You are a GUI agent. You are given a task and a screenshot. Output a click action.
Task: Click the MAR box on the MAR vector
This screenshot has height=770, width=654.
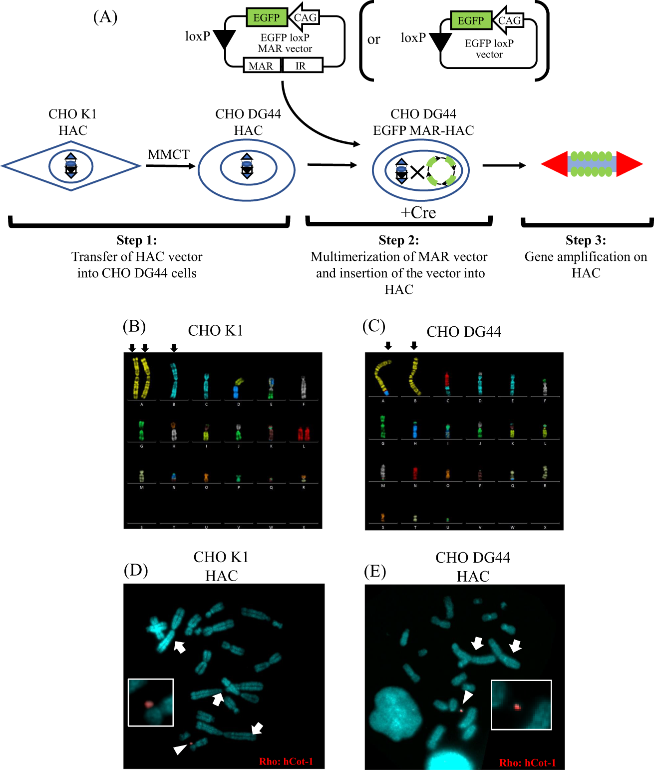coord(261,65)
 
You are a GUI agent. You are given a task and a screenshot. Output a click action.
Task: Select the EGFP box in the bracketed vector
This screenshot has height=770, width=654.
coord(470,20)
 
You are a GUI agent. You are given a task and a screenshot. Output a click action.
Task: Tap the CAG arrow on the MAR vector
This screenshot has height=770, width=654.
coord(304,17)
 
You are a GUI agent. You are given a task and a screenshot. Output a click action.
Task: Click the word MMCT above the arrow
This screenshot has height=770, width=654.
coord(169,154)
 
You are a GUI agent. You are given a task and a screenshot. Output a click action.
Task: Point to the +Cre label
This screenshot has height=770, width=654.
coord(418,212)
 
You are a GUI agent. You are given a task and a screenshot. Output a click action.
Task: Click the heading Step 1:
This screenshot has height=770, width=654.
coord(137,240)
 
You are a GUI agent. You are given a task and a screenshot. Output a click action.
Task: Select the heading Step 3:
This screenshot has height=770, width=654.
coord(586,240)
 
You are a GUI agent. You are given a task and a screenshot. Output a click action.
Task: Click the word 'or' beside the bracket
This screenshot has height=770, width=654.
coord(373,39)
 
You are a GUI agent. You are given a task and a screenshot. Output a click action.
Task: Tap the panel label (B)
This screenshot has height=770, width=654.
coord(134,326)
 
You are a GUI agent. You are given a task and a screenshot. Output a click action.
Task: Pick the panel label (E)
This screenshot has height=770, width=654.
coord(375,571)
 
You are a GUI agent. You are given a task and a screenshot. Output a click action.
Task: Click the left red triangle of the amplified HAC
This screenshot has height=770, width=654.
coord(555,164)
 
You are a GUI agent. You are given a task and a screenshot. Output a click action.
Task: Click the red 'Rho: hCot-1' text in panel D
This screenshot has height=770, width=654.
coord(286,761)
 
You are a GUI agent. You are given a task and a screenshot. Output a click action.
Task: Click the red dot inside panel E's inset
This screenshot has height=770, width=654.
coord(517,707)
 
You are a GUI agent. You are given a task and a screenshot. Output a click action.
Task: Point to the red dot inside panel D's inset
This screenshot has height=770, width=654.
coord(148,704)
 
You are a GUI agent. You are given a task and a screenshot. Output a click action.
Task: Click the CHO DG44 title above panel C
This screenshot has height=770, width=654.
coord(464,332)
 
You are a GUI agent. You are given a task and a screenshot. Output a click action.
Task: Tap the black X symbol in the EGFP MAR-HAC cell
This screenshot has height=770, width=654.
coord(417,173)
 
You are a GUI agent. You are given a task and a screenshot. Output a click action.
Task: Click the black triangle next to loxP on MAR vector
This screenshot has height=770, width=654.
coord(225,39)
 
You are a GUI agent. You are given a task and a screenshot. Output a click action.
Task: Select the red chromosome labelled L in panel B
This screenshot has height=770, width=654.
coord(304,433)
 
